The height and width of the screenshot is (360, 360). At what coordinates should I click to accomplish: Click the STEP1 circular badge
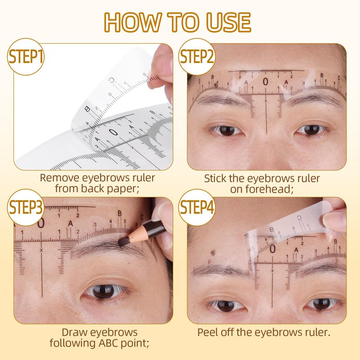tap(26, 57)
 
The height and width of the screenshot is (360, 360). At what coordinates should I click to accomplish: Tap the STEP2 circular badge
tap(197, 57)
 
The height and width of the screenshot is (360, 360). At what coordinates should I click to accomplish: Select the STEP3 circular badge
tap(26, 207)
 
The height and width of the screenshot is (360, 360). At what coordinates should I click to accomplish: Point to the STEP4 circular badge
tap(197, 207)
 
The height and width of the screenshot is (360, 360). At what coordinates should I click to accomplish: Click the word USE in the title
tap(229, 22)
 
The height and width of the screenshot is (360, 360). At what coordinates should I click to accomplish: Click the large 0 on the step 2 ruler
tap(265, 82)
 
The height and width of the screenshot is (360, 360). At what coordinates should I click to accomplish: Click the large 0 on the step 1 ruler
tap(113, 132)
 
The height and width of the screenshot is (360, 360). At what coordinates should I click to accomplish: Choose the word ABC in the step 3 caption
tap(108, 343)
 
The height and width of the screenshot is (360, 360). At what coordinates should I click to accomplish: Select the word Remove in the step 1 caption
tap(59, 178)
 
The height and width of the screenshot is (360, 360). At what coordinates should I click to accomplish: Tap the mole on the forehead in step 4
tap(213, 253)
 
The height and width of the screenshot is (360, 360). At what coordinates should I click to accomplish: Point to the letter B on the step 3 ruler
tap(119, 213)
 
